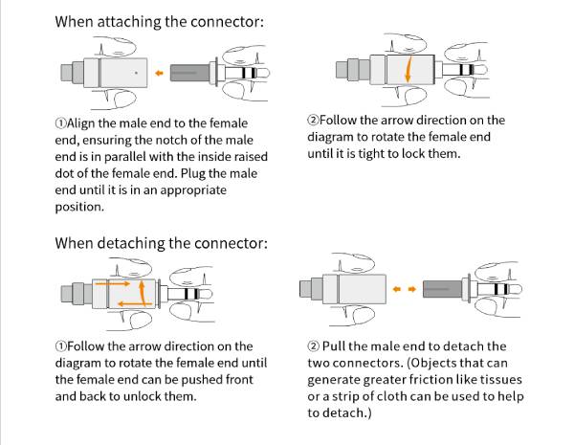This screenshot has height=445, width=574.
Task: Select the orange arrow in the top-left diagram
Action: point(160,73)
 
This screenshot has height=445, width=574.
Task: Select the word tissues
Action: point(499,380)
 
